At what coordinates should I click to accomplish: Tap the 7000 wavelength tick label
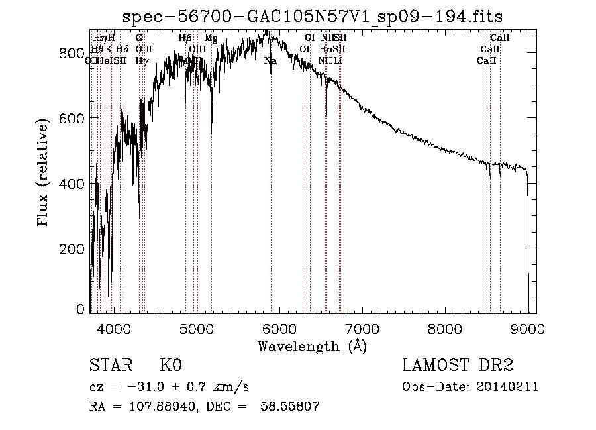362,327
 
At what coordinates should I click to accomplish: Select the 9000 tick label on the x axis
528,327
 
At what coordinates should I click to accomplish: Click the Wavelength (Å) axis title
312,345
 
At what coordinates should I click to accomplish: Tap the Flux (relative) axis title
44,174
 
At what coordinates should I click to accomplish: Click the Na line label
270,61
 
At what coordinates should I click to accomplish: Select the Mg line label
211,38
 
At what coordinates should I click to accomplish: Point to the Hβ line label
185,38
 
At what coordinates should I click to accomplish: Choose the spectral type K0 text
171,366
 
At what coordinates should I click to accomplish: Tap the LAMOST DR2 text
458,366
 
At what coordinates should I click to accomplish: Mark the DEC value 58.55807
295,407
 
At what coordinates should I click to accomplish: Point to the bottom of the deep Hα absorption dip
326,115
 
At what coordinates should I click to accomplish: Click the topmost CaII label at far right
499,38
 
